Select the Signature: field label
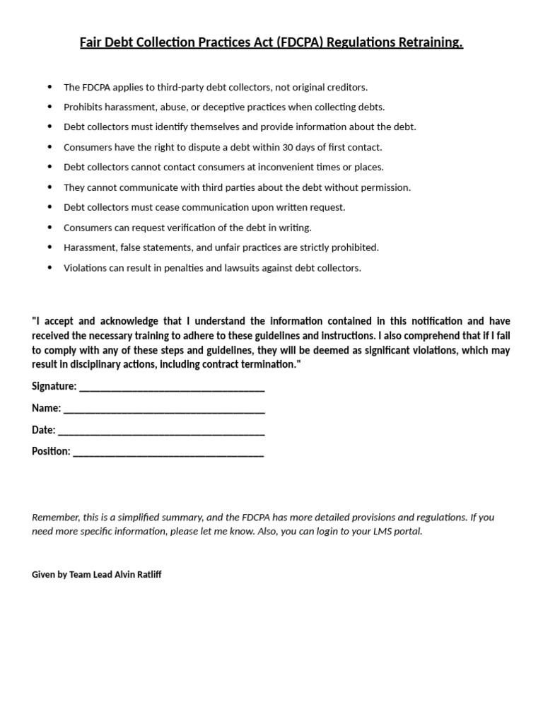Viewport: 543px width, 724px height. tap(54, 386)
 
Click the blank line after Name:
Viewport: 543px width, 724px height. tap(164, 409)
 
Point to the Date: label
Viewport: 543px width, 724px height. tap(43, 430)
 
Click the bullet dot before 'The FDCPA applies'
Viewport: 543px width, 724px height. tap(49, 87)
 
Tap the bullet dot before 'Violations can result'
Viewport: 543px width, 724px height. tap(49, 268)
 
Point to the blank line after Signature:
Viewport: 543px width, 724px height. tap(172, 387)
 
